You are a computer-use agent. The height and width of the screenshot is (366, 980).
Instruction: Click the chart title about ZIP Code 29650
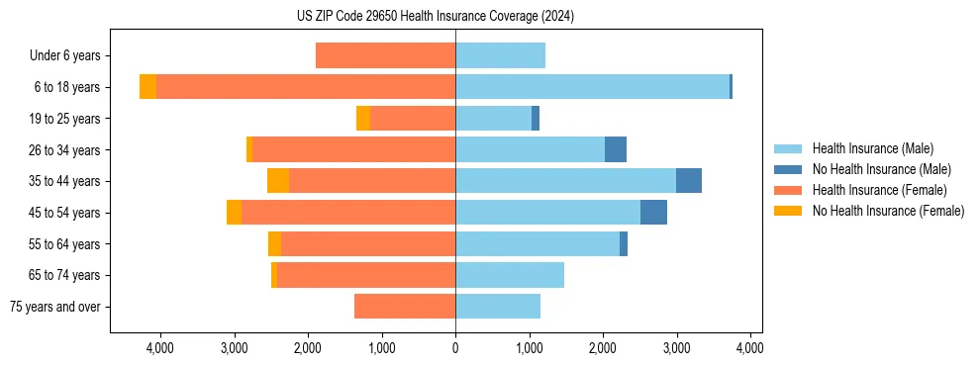coord(435,17)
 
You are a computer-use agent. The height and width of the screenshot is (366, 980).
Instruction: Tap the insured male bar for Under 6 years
coord(500,55)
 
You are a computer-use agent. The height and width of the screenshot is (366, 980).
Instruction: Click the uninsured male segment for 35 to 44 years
coord(688,181)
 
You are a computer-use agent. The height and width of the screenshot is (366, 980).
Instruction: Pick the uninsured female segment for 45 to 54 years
coord(234,213)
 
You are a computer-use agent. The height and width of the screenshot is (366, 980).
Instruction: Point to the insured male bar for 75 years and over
coord(498,307)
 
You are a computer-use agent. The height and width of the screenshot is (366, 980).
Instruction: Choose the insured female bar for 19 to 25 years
coord(412,119)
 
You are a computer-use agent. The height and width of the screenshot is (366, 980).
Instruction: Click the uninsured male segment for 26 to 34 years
coord(615,149)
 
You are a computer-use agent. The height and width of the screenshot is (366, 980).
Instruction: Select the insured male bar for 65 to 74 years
coord(510,275)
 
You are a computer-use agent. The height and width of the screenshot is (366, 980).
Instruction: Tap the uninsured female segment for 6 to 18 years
coord(147,87)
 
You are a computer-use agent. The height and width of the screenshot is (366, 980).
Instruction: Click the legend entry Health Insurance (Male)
coord(872,148)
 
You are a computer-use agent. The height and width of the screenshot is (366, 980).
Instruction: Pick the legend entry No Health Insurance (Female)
coord(888,211)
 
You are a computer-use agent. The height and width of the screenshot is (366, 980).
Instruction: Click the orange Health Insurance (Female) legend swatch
coord(788,190)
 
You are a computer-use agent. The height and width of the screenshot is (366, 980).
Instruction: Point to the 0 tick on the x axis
coord(455,348)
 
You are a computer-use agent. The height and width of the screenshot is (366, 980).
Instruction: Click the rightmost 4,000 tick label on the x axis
coord(750,348)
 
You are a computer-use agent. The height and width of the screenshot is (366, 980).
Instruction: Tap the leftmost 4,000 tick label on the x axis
coord(160,348)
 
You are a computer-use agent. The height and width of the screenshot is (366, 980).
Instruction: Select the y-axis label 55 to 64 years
coord(65,244)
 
